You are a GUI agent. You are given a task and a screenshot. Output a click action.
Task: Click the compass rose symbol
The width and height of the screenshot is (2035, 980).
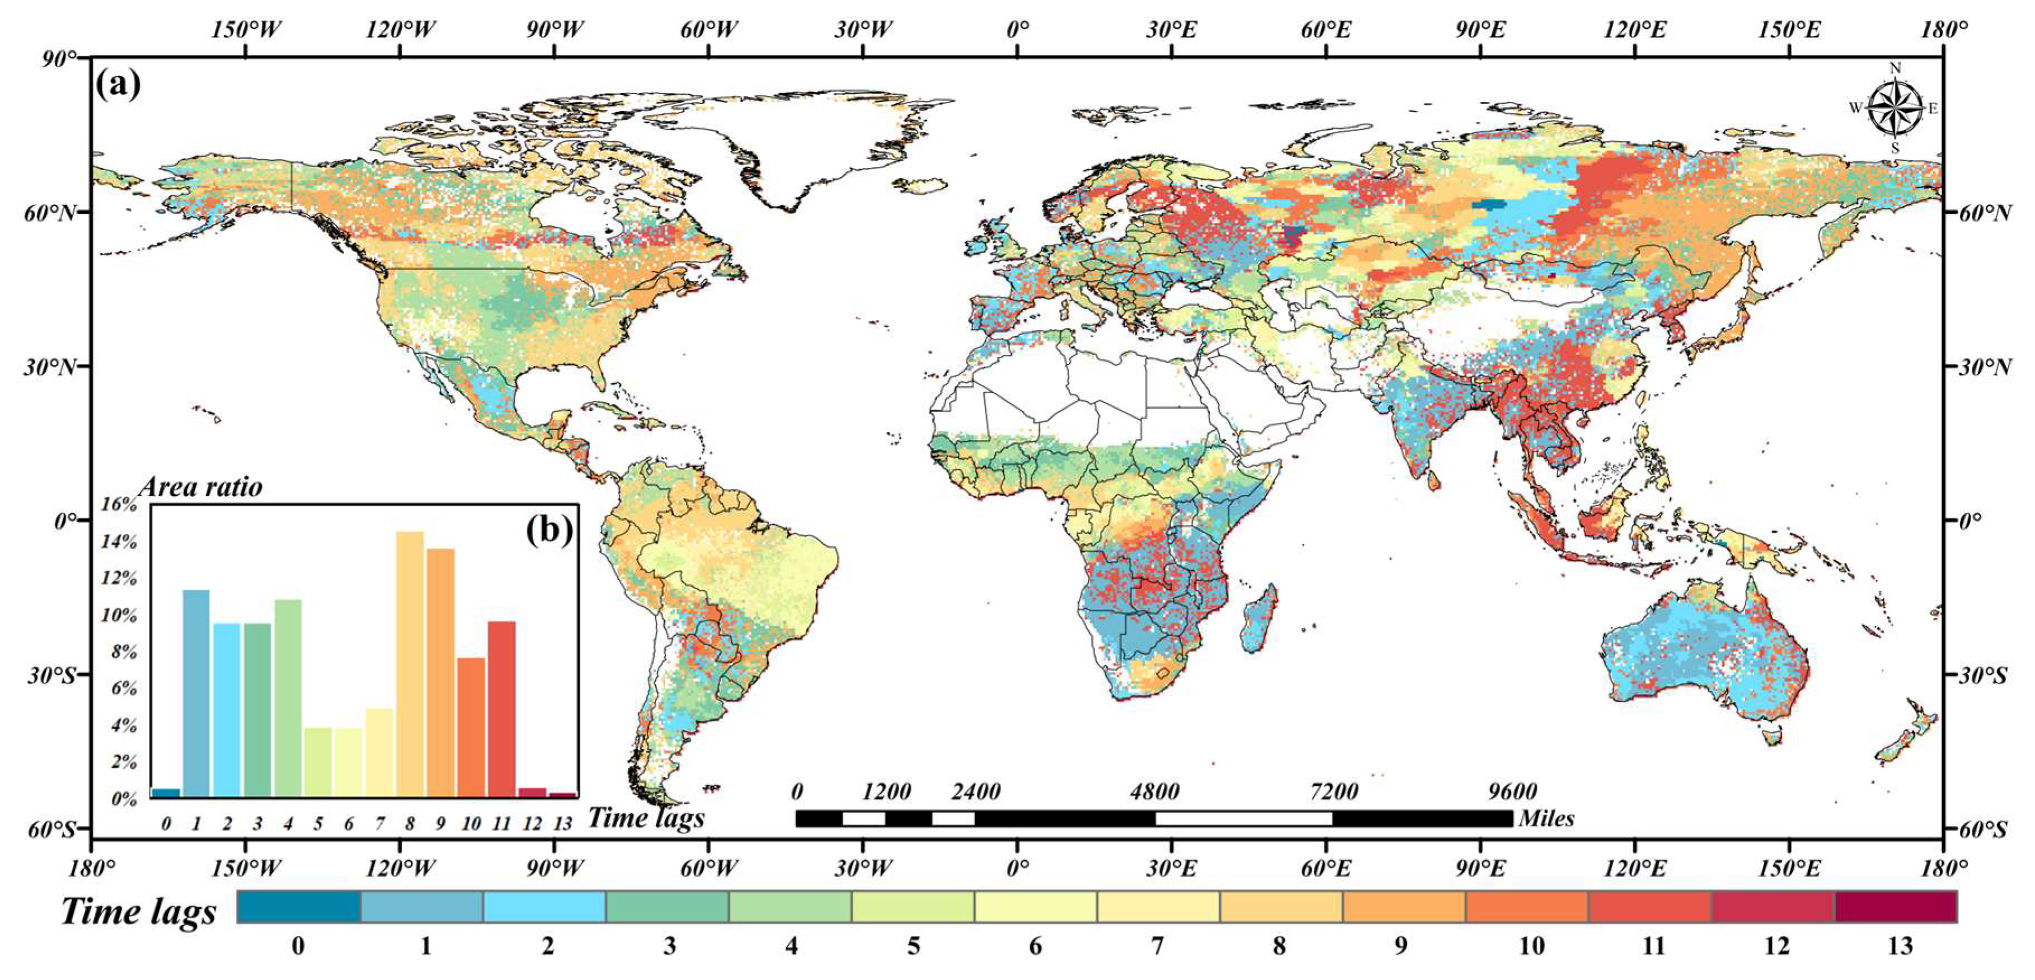pyautogui.click(x=1895, y=107)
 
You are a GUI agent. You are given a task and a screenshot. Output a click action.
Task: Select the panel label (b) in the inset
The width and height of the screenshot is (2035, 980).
pyautogui.click(x=549, y=529)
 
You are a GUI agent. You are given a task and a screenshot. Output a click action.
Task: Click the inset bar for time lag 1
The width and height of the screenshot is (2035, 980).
pyautogui.click(x=196, y=692)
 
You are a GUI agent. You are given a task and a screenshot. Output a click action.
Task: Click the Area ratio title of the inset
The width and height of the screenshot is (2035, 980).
pyautogui.click(x=201, y=487)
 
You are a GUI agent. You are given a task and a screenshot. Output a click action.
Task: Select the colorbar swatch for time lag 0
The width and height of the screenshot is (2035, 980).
pyautogui.click(x=299, y=907)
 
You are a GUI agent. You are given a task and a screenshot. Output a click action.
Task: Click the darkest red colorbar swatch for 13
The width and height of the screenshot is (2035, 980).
pyautogui.click(x=1895, y=907)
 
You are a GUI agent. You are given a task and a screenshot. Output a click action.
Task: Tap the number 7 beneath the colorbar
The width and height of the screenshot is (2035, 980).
pyautogui.click(x=1157, y=946)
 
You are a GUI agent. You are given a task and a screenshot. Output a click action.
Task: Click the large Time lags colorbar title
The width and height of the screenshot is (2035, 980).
pyautogui.click(x=138, y=911)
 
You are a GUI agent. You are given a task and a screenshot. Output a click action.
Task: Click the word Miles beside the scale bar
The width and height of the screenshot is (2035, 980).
pyautogui.click(x=1547, y=818)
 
